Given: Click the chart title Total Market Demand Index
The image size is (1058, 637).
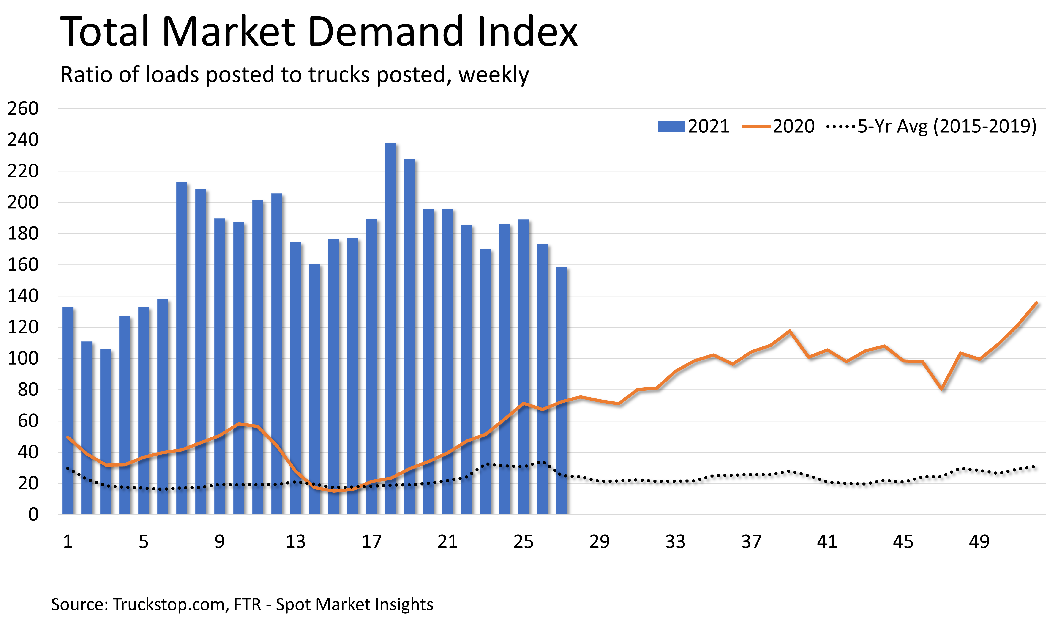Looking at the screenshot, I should click(x=318, y=32).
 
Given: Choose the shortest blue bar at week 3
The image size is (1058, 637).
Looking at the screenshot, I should click(x=106, y=431).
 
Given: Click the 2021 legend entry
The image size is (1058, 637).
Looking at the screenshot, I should click(x=693, y=126).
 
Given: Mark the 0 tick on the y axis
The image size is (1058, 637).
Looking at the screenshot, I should click(x=33, y=514).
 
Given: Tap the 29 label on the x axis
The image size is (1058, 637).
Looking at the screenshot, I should click(x=599, y=542).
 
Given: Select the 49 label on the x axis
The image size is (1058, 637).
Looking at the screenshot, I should click(x=979, y=542).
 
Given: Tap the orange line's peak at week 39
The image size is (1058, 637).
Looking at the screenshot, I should click(x=789, y=331).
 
